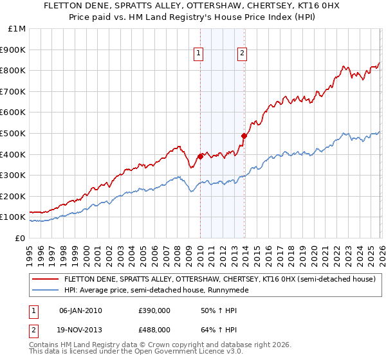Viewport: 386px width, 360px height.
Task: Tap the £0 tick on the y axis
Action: point(21,238)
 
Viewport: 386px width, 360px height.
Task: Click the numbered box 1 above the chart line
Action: point(199,53)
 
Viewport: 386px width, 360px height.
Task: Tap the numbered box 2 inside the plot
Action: point(242,53)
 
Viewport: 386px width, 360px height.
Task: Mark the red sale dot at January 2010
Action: point(200,156)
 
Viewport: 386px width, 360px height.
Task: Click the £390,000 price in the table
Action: point(154,310)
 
